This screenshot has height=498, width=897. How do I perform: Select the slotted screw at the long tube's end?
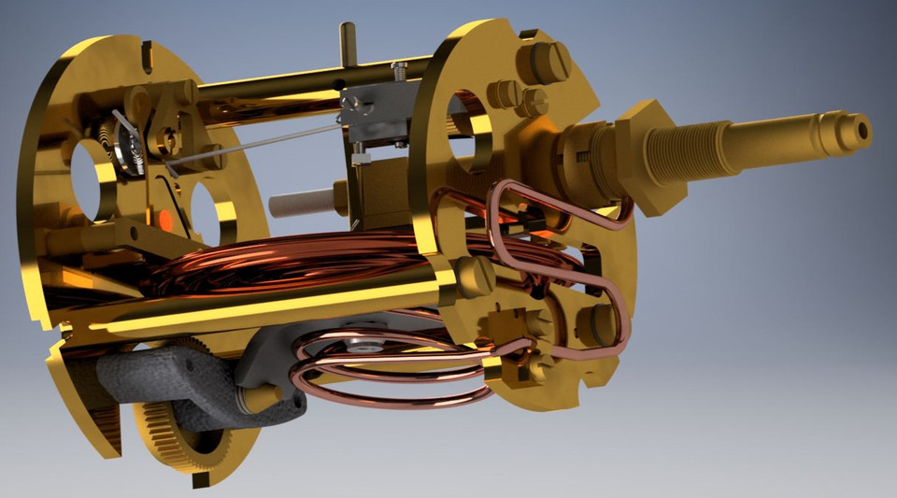[475, 276]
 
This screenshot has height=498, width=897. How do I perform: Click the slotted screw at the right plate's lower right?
[597, 323]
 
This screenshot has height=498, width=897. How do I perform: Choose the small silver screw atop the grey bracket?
[400, 69]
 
